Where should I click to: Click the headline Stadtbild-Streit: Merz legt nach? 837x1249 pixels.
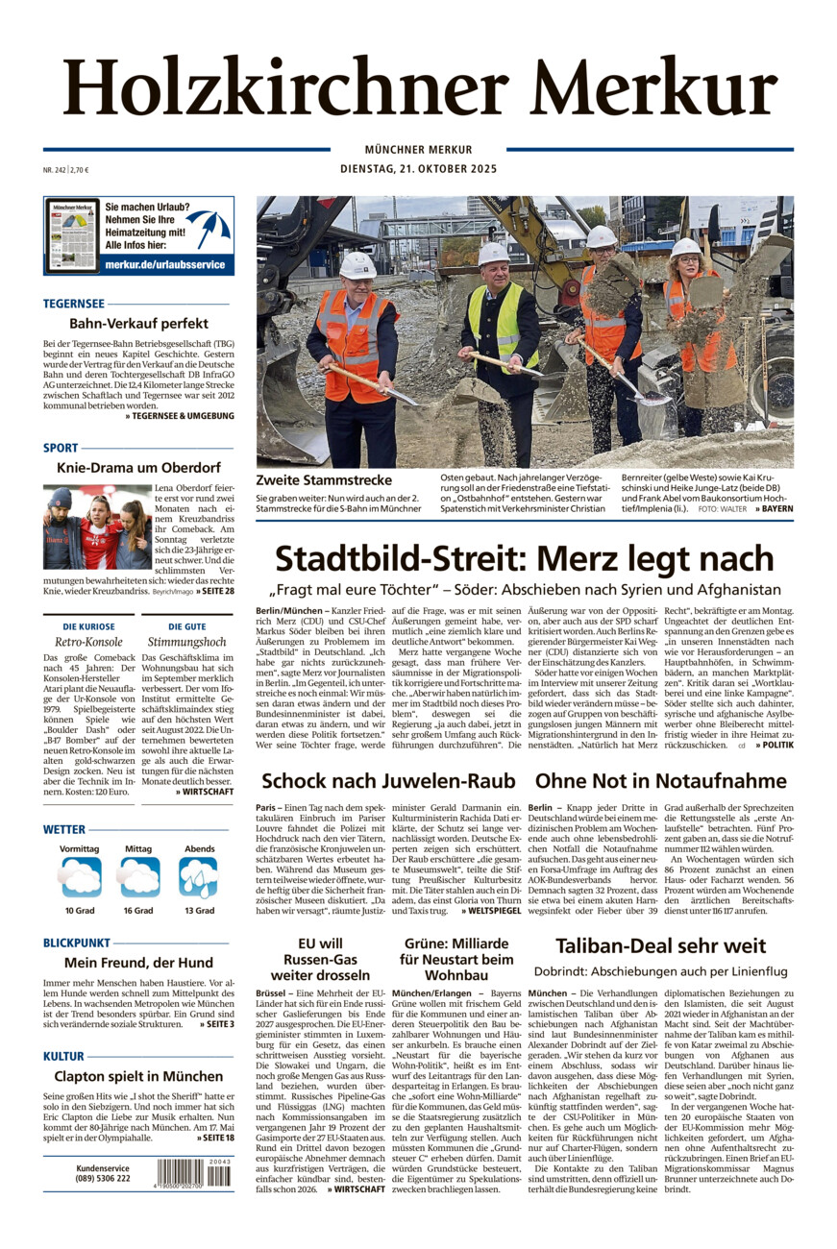click(x=524, y=558)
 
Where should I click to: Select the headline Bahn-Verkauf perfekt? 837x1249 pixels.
click(x=138, y=324)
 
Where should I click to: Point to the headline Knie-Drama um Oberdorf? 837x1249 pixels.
click(x=138, y=468)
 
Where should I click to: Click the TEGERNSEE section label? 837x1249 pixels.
click(x=74, y=304)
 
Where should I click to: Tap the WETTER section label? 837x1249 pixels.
click(x=64, y=829)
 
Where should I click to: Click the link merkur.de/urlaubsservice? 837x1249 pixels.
click(x=164, y=264)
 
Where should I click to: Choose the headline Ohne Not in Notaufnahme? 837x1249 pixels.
click(x=660, y=780)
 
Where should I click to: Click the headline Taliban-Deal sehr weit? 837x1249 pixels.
click(x=660, y=946)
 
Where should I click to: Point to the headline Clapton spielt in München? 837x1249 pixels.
click(x=138, y=1076)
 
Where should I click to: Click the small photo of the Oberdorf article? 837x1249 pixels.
click(x=97, y=527)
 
